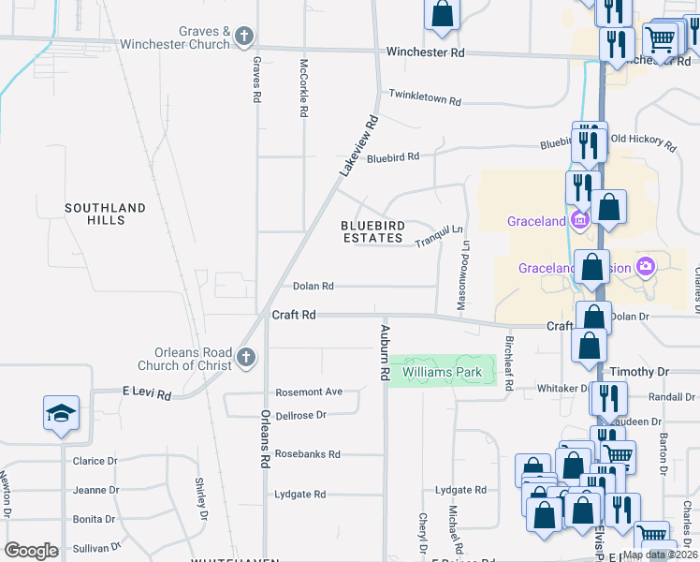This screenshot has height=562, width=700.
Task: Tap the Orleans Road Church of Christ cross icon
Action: click(245, 357)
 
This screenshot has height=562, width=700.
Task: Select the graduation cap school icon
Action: click(61, 413)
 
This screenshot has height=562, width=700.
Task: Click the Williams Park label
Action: click(442, 373)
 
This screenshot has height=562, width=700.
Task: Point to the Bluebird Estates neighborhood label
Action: click(372, 232)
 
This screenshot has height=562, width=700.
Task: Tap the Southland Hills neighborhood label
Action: click(106, 214)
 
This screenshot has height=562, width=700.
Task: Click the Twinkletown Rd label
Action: click(426, 100)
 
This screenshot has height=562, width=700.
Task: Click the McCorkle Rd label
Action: click(303, 88)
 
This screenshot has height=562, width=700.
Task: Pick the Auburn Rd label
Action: click(384, 351)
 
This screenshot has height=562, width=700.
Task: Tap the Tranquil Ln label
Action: click(439, 236)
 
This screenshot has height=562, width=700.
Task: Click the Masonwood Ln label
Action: click(461, 277)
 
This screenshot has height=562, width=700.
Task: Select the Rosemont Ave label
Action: click(308, 392)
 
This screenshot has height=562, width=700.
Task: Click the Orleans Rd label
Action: click(266, 438)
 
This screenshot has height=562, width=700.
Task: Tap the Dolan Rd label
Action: click(313, 287)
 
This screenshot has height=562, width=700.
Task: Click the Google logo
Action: click(31, 551)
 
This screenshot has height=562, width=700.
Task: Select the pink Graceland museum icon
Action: click(579, 221)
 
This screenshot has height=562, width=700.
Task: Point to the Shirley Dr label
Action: click(200, 497)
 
